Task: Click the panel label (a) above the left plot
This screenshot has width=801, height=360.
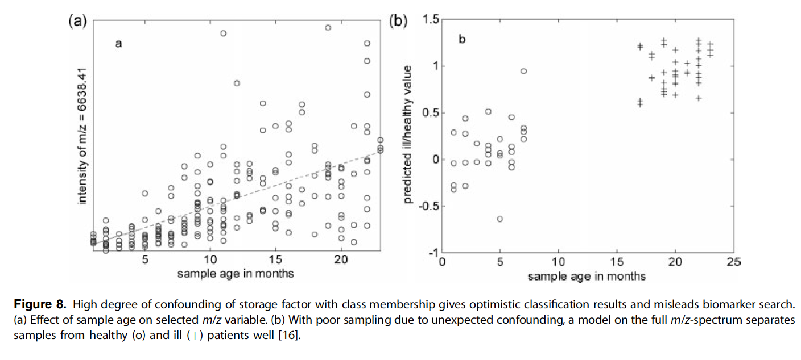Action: (x=77, y=22)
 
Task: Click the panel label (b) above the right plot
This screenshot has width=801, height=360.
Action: (x=398, y=22)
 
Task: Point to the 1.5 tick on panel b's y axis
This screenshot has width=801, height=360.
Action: (x=431, y=20)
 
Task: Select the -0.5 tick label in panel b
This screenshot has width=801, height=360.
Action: (x=428, y=206)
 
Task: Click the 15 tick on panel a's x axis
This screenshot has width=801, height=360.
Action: (x=275, y=259)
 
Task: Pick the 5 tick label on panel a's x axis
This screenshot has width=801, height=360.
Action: (x=145, y=259)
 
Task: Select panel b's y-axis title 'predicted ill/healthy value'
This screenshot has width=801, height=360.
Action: (x=408, y=135)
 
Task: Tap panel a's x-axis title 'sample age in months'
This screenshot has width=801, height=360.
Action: (x=236, y=273)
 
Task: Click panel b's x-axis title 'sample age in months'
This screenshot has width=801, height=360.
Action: (x=587, y=276)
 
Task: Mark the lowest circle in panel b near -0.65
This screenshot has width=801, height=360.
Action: (x=500, y=219)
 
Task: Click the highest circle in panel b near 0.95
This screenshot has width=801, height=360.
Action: (x=523, y=71)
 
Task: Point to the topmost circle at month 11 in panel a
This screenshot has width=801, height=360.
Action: (x=224, y=34)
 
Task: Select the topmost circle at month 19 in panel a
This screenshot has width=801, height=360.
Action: (x=328, y=27)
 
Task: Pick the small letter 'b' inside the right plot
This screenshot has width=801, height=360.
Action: (x=462, y=39)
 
